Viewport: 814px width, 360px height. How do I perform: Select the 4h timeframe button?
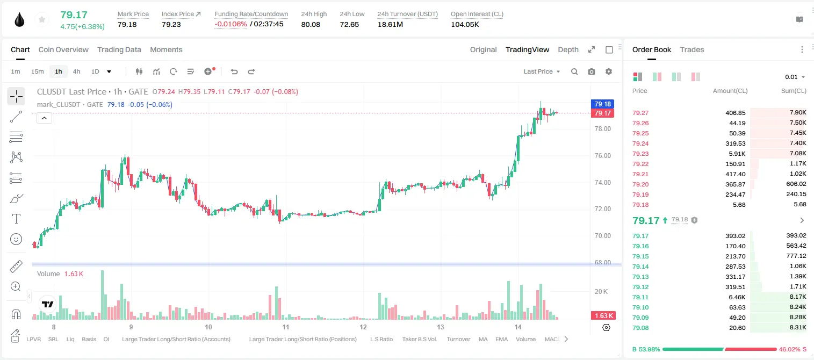point(76,71)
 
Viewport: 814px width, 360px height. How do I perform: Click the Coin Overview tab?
point(63,49)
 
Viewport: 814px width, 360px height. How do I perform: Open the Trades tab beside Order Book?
point(692,49)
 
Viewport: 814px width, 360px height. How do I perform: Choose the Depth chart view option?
point(568,49)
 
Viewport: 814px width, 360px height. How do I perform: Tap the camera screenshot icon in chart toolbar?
point(592,71)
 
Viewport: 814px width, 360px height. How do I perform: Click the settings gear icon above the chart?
point(609,71)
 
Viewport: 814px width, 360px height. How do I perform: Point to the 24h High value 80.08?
point(311,24)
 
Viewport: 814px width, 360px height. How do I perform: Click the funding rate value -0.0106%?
point(230,24)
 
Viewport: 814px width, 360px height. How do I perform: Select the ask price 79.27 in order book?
point(640,113)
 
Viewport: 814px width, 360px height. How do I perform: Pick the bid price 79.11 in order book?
point(640,297)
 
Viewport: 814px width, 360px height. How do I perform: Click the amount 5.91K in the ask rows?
point(737,154)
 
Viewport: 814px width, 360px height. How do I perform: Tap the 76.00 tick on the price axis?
point(603,155)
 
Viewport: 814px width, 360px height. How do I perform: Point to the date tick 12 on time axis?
point(363,327)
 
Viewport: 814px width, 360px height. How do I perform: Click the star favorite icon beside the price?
point(42,19)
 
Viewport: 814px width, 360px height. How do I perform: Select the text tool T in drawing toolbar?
point(16,219)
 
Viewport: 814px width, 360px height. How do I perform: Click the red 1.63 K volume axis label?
point(602,316)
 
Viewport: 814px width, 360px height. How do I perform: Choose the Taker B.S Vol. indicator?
point(420,339)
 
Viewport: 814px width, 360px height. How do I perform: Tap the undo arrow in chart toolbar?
point(234,71)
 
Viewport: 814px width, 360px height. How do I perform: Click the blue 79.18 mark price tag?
point(602,104)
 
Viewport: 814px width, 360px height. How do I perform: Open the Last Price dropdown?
point(542,71)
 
